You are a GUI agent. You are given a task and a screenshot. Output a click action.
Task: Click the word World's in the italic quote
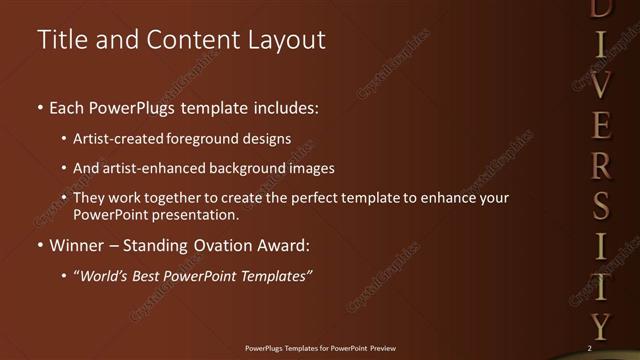107,276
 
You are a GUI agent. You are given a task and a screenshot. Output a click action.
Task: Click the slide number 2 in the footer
590,348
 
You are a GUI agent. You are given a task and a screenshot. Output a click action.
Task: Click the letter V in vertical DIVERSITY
599,85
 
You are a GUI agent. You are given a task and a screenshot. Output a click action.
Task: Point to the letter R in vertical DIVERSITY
599,165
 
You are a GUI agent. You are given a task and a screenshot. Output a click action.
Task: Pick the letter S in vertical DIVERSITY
599,206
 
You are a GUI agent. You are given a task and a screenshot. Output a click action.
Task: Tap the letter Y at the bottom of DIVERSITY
599,325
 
